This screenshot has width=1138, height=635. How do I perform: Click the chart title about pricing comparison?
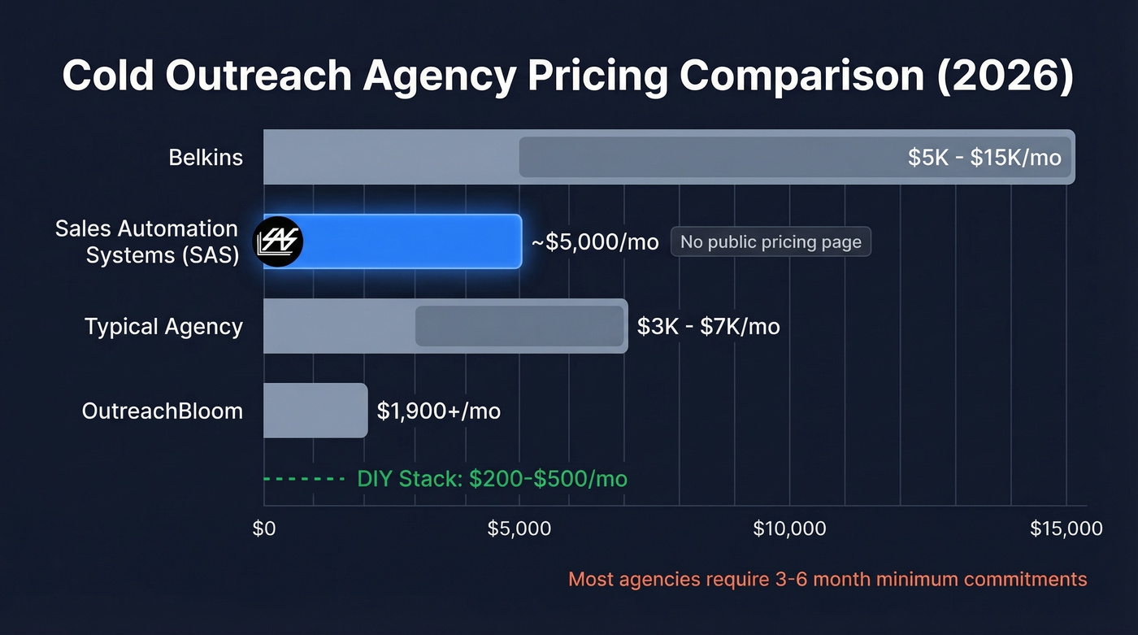tap(568, 76)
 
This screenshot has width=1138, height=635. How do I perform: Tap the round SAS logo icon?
tap(278, 241)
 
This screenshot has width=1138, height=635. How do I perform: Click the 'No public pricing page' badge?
tap(770, 242)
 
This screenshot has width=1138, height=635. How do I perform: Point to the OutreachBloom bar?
tap(315, 411)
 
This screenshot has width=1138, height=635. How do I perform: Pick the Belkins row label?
tap(206, 157)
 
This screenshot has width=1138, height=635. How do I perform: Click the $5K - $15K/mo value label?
tap(984, 157)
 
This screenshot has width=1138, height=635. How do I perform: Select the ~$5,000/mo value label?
tap(594, 242)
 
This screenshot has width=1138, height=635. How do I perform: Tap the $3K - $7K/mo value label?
tap(708, 326)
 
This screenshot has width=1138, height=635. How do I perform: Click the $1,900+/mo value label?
tap(438, 411)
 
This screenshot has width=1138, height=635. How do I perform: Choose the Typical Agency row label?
tap(163, 326)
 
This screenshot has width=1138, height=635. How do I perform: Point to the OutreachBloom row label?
tap(163, 411)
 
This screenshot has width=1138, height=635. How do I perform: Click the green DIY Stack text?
tap(492, 479)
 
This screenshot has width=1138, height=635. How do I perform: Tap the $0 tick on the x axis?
tap(264, 529)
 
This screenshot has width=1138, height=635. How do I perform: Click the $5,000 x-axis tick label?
tap(519, 529)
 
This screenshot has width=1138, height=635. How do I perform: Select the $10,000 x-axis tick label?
tap(789, 529)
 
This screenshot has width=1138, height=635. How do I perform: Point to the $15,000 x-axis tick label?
tap(1066, 529)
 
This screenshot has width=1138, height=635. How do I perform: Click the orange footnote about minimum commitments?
tap(827, 580)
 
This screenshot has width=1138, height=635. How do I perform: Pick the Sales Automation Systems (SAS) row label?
tap(147, 241)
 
